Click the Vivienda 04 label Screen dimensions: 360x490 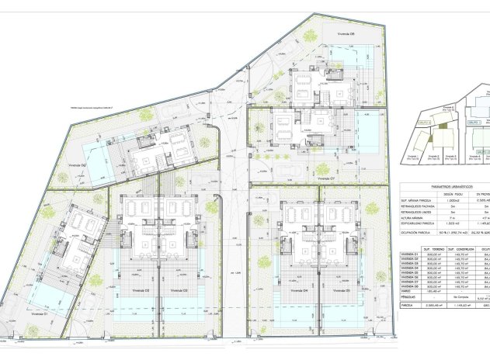(296, 312)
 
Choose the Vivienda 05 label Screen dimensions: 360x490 (337, 312)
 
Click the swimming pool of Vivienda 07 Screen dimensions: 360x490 (367, 133)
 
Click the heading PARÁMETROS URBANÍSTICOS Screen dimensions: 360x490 (442, 185)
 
